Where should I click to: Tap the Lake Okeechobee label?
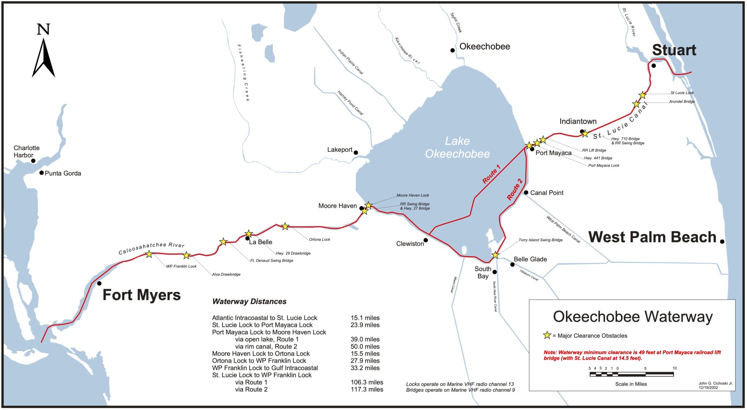pos(457,147)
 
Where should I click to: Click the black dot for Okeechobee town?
pos(452,50)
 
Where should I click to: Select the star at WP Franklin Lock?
pos(149,254)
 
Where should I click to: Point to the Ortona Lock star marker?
pos(285,226)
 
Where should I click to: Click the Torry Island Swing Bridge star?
pos(495,255)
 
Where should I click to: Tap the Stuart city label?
pos(674,50)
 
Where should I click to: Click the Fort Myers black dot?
pos(99,283)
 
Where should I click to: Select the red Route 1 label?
pos(491,174)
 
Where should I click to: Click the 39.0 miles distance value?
pos(365,339)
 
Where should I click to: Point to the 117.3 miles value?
pos(367,389)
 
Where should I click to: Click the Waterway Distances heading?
pos(249,301)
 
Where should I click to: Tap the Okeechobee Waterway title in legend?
pos(632,317)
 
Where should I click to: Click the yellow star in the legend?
pos(547,335)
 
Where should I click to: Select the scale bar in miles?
pos(631,374)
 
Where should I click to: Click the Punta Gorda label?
pos(63,173)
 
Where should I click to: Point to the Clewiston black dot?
pos(425,240)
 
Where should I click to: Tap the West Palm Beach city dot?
pos(722,241)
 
